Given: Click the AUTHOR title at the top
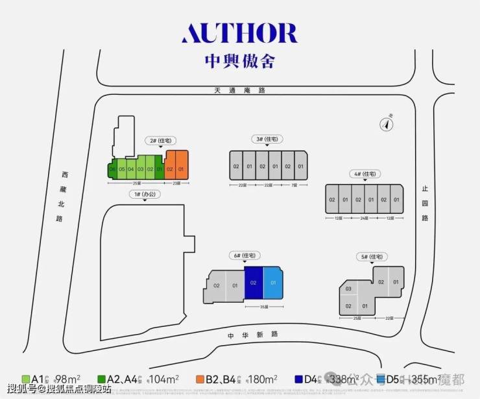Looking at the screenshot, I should pyautogui.click(x=239, y=33).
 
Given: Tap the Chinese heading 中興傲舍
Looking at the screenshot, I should pyautogui.click(x=239, y=62).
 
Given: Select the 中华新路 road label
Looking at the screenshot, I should pyautogui.click(x=252, y=334).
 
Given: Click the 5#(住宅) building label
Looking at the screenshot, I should pyautogui.click(x=372, y=257).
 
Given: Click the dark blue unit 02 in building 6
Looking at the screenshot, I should pyautogui.click(x=254, y=283).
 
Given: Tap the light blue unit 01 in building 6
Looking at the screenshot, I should pyautogui.click(x=273, y=283).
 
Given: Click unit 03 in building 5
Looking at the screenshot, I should pyautogui.click(x=348, y=289).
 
